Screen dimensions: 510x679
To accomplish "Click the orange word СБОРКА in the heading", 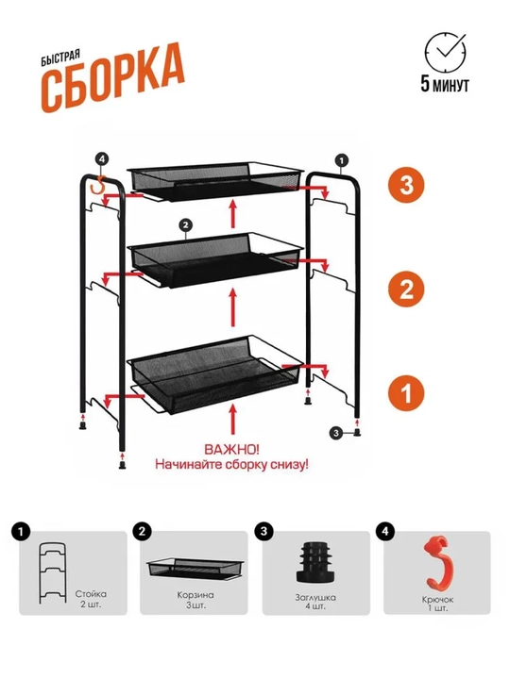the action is coord(113,78).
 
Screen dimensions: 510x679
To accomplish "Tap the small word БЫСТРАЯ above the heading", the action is coord(60,58).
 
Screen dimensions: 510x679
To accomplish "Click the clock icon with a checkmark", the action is coord(445,51).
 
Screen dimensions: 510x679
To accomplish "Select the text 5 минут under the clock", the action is coord(445,84).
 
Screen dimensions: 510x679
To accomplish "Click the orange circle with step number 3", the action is coord(406,185).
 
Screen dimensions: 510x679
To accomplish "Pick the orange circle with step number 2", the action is coord(406,289).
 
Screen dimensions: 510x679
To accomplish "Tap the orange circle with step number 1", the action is coord(406,393).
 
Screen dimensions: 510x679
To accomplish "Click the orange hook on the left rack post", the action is coord(99,187).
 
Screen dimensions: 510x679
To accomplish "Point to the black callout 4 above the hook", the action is coord(102,159).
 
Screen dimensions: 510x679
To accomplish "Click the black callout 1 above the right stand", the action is coord(341,160).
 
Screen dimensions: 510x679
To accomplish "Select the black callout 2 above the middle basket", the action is coord(185,224).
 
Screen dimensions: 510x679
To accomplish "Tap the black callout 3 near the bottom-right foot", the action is coord(336,433).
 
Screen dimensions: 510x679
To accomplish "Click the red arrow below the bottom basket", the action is coord(233,419).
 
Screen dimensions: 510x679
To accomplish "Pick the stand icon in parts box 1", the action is coord(53,573).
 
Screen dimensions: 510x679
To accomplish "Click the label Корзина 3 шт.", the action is coord(195,600).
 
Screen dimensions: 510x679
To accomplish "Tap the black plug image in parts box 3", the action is coord(314,562).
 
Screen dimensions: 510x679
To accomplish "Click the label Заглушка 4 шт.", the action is coord(315,602).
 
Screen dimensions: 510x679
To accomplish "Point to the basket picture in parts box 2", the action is coord(195,569).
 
